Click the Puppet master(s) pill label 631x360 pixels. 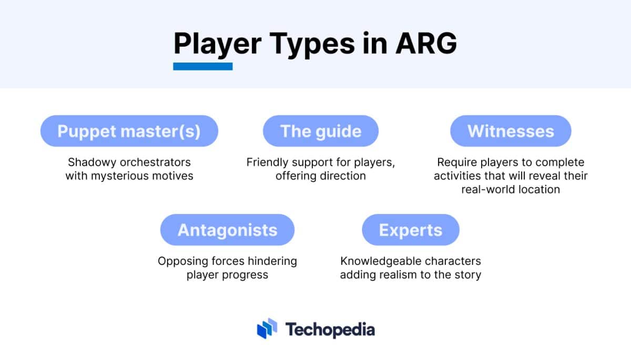click(x=129, y=131)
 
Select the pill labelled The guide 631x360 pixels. click(x=321, y=131)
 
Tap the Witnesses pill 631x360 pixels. click(x=511, y=131)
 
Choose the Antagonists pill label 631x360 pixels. click(x=227, y=230)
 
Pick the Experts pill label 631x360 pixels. click(x=411, y=230)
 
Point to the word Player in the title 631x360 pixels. click(x=217, y=44)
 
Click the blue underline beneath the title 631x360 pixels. click(x=203, y=66)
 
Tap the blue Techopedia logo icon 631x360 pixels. click(x=267, y=328)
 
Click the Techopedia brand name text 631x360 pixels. click(x=330, y=330)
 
